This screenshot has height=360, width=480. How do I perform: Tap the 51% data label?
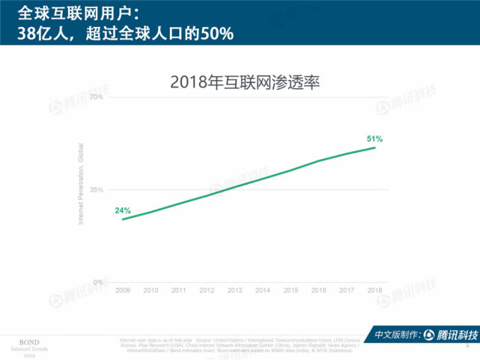(374, 138)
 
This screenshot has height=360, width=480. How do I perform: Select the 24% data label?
(123, 210)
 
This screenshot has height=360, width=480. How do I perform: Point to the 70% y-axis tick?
(96, 97)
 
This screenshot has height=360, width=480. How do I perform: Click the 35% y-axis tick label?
(96, 190)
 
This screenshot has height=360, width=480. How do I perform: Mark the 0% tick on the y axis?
(98, 282)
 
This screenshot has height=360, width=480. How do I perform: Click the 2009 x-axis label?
(123, 290)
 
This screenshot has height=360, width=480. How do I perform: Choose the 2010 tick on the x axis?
(151, 290)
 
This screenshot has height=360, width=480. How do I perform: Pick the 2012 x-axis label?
(207, 290)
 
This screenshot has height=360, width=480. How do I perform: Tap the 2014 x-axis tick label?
(263, 290)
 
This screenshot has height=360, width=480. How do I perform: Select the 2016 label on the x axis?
(319, 290)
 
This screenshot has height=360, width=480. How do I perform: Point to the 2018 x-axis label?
(374, 290)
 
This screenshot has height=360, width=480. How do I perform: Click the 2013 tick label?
(234, 290)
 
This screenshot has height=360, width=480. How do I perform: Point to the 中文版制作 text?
(396, 335)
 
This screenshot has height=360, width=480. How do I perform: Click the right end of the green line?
(375, 147)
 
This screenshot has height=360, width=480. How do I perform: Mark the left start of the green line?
(123, 219)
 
